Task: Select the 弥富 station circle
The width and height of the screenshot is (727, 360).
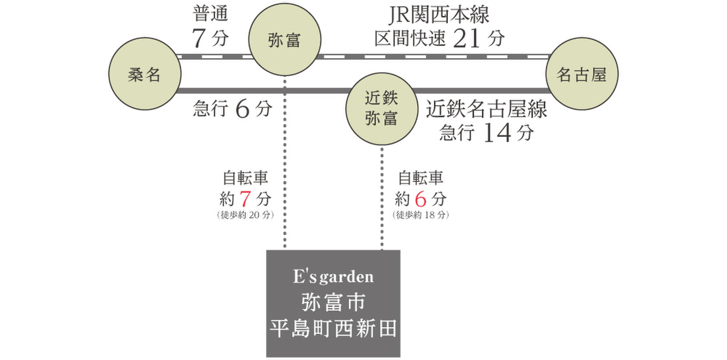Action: tap(284, 41)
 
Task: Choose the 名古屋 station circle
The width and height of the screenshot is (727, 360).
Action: tap(581, 75)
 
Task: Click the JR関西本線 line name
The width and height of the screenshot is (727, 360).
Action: tap(440, 15)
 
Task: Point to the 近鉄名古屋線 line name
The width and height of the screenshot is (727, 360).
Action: tap(486, 109)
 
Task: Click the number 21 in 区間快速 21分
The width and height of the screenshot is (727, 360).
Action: tap(466, 39)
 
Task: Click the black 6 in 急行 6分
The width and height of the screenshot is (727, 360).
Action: tap(242, 110)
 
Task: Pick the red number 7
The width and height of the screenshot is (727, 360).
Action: tap(245, 199)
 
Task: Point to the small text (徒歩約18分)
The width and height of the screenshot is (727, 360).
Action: tap(420, 216)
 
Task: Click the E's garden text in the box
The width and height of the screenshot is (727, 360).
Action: tap(333, 278)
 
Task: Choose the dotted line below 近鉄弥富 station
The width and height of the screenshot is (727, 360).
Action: tap(381, 194)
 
